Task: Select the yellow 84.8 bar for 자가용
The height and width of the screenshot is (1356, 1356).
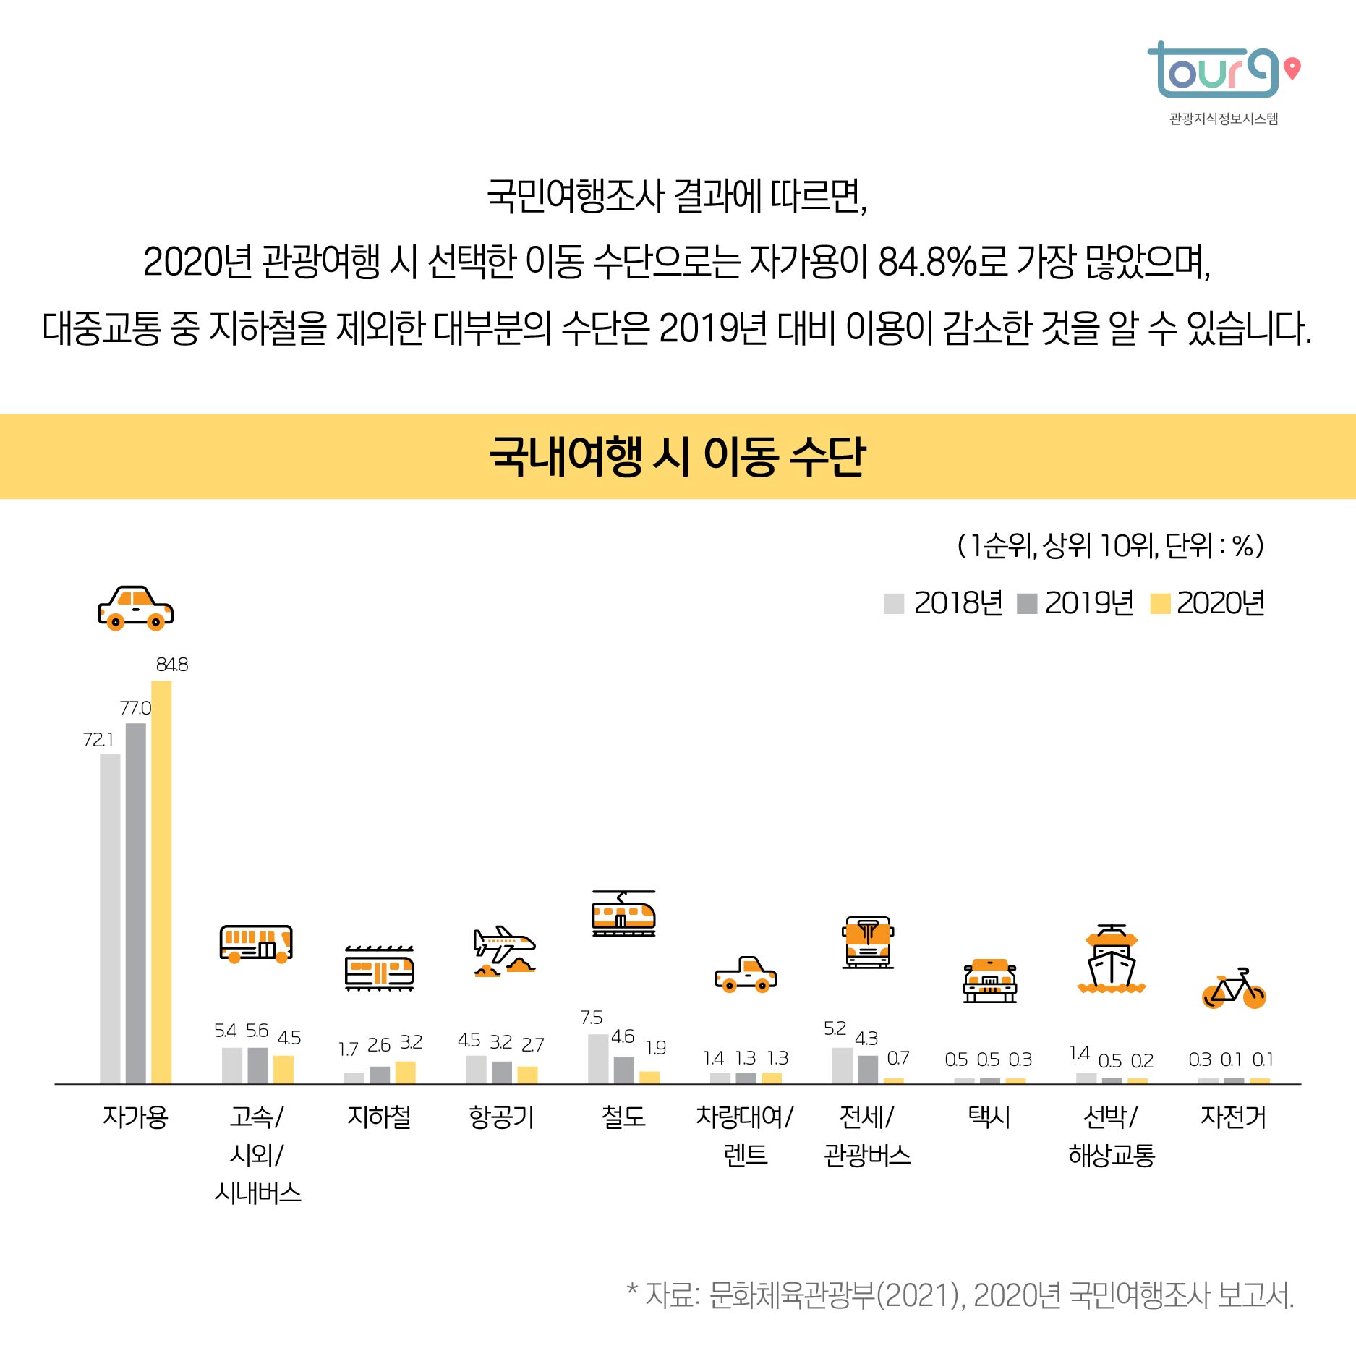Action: point(161,882)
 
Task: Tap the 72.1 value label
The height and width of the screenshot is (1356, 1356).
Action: point(98,740)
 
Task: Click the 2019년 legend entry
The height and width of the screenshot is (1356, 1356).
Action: point(1075,603)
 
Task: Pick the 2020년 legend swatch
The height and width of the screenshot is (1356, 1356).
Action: point(1159,604)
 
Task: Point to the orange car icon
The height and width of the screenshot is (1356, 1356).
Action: point(135,608)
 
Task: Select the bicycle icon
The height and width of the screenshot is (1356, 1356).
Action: point(1234,989)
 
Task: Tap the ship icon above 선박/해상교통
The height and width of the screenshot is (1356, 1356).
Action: point(1112,959)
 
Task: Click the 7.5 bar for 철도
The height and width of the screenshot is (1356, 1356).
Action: point(598,1059)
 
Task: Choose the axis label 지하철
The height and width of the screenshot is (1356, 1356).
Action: point(379,1117)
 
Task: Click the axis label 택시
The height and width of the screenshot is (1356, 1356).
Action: point(989,1117)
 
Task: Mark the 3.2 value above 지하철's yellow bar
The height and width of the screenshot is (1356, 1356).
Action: point(411,1042)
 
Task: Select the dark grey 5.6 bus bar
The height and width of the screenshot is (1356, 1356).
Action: point(257,1065)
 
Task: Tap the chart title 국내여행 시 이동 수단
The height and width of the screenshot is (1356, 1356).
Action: point(678,456)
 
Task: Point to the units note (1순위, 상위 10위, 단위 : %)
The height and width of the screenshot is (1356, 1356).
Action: point(1110,545)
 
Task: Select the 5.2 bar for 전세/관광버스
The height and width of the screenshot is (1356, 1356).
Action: point(842,1065)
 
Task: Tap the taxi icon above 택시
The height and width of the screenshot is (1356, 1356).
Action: point(989,981)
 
